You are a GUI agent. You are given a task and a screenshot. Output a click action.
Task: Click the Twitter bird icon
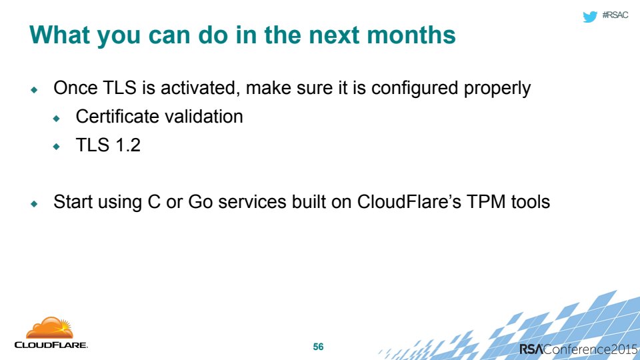(x=590, y=16)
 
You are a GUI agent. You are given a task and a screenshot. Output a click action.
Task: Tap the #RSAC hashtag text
(x=615, y=15)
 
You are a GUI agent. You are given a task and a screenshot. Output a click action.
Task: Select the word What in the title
(x=59, y=35)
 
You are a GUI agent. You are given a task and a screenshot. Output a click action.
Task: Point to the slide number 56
(x=319, y=347)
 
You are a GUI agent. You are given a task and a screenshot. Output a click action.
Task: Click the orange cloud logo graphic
(x=50, y=328)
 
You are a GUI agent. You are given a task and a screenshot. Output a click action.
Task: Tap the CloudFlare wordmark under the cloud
(x=51, y=345)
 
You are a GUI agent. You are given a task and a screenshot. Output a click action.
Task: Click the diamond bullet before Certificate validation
(x=56, y=119)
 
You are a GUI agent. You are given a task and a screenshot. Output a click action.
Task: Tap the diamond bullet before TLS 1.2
(x=56, y=147)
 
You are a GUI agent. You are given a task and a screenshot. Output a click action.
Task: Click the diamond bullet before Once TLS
(x=34, y=90)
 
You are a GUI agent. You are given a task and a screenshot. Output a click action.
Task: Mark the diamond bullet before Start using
(x=34, y=203)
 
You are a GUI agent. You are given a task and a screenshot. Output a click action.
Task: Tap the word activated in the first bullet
(x=199, y=89)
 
